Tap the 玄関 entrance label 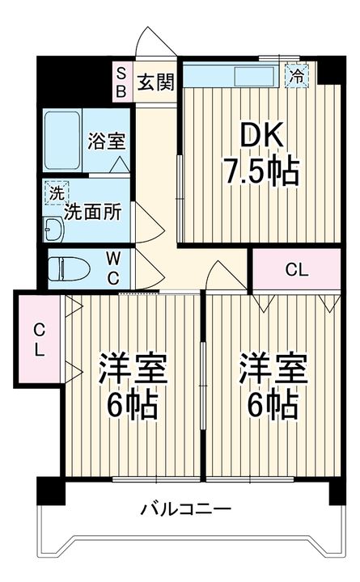click(x=155, y=81)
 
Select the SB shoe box click(x=121, y=81)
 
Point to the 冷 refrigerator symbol click(x=297, y=76)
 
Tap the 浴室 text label click(x=106, y=141)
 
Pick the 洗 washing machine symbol click(x=56, y=193)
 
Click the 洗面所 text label click(x=93, y=212)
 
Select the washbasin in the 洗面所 click(x=53, y=230)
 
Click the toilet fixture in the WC click(x=69, y=268)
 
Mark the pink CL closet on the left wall click(x=37, y=339)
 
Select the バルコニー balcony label click(x=186, y=509)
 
